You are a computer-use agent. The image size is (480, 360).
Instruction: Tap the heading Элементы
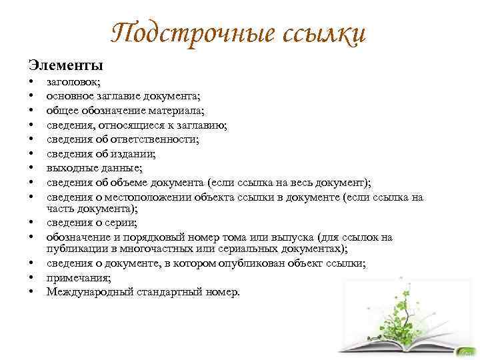[x=65, y=65]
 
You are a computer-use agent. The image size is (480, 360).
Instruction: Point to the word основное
[x=69, y=97]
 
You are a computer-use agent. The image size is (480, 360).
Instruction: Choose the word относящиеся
[x=125, y=125]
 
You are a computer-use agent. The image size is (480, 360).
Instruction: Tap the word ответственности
[x=153, y=139]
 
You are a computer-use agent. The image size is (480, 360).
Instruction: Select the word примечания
[x=77, y=278]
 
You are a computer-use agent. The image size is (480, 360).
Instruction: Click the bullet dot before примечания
[x=31, y=278]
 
